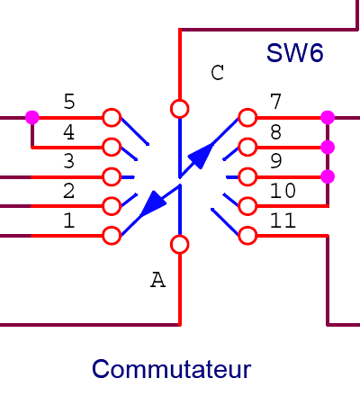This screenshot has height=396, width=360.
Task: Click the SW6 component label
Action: pyautogui.click(x=295, y=53)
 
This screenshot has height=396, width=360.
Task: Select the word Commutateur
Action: pyautogui.click(x=171, y=369)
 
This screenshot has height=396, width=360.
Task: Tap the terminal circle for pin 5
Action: pyautogui.click(x=112, y=118)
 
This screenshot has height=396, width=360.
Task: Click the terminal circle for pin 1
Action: pyautogui.click(x=112, y=236)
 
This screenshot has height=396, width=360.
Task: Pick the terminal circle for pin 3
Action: pyautogui.click(x=112, y=177)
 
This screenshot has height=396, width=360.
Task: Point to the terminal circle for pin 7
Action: pyautogui.click(x=247, y=118)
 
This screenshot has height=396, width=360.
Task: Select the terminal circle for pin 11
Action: pyautogui.click(x=247, y=236)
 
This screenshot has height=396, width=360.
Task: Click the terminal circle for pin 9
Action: pyautogui.click(x=247, y=177)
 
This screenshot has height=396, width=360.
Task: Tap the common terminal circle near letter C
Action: pyautogui.click(x=179, y=109)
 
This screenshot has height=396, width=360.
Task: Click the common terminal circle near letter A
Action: pyautogui.click(x=179, y=245)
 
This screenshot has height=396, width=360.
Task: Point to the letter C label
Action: pyautogui.click(x=217, y=73)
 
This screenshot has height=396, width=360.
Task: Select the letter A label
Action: pyautogui.click(x=157, y=280)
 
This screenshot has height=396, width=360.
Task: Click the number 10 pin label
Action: pyautogui.click(x=283, y=191)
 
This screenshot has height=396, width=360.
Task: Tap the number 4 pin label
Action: pyautogui.click(x=69, y=132)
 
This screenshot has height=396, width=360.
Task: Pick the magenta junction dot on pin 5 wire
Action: pyautogui.click(x=32, y=117)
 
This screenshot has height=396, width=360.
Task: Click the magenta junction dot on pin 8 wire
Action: pyautogui.click(x=328, y=148)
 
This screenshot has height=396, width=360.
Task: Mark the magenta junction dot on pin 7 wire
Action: pyautogui.click(x=328, y=117)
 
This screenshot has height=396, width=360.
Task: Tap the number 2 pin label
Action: pyautogui.click(x=69, y=191)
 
